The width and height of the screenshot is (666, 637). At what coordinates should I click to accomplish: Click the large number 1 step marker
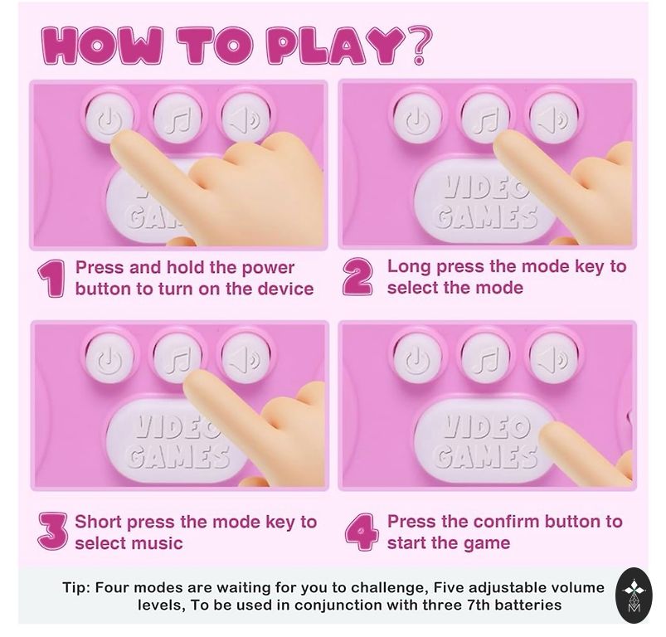pos(51,279)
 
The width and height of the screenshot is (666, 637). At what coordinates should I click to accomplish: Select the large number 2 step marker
pos(358,277)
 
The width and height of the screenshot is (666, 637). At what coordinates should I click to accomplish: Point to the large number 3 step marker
pos(53,530)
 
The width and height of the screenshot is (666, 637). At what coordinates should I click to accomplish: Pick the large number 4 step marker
pos(361,531)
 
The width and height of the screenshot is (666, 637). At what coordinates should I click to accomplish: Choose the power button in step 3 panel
pos(109,357)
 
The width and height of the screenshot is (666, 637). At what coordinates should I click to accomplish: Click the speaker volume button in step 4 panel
pos(554,357)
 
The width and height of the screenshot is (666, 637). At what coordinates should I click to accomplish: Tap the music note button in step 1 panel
pos(178,117)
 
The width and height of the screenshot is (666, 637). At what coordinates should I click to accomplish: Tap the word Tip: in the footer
pos(76,588)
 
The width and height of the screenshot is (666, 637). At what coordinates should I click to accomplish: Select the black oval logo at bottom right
pos(634,596)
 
